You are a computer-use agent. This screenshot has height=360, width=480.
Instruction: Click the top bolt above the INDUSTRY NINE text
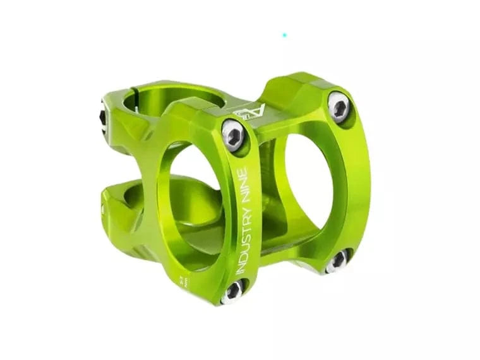233,134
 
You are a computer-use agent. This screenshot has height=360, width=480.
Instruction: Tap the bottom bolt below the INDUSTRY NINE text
232,291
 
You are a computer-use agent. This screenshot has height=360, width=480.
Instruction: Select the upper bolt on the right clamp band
339,107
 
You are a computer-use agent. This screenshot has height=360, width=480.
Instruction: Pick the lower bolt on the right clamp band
337,260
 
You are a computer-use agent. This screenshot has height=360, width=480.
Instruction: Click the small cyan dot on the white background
284,35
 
